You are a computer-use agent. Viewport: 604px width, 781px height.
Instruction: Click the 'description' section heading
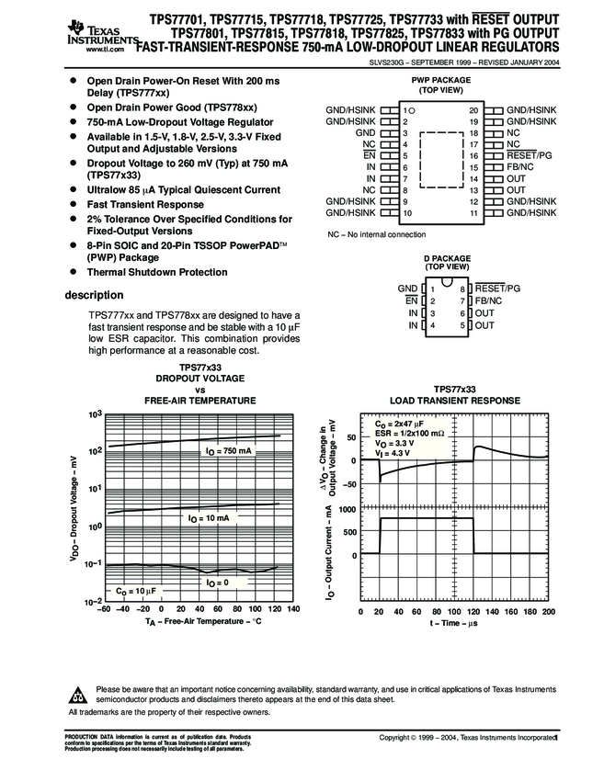pos(94,295)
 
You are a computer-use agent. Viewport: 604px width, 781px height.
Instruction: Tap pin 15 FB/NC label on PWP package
pos(519,167)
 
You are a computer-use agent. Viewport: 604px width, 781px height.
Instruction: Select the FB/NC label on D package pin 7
pos(489,301)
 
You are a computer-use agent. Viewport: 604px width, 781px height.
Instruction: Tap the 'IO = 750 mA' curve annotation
pos(226,452)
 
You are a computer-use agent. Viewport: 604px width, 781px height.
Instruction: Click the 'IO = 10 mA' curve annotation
pos(209,519)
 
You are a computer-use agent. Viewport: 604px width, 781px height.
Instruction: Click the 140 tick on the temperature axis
pos(293,610)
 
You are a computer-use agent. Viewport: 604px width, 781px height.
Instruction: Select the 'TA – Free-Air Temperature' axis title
pos(203,623)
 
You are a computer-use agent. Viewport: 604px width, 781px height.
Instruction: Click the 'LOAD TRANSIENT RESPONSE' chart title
pos(455,401)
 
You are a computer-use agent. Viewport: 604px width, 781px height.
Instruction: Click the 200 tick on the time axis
pos(550,611)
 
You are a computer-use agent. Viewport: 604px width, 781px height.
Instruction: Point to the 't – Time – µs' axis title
pos(455,623)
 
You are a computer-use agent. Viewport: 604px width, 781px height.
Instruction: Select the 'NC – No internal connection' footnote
pos(376,235)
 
